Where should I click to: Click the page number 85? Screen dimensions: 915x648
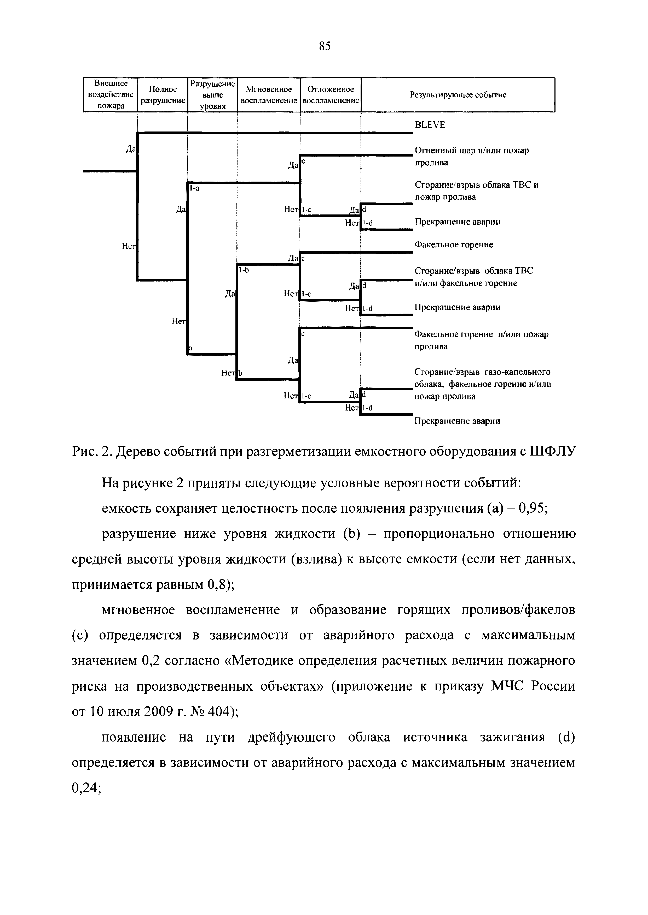point(325,47)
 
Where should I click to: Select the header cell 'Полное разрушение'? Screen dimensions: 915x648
point(163,95)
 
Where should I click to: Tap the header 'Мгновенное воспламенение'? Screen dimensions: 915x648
point(269,95)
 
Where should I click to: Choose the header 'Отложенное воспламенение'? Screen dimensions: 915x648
point(331,95)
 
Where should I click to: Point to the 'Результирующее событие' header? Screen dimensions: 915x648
point(458,95)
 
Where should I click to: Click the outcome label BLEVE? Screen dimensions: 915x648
point(430,125)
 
